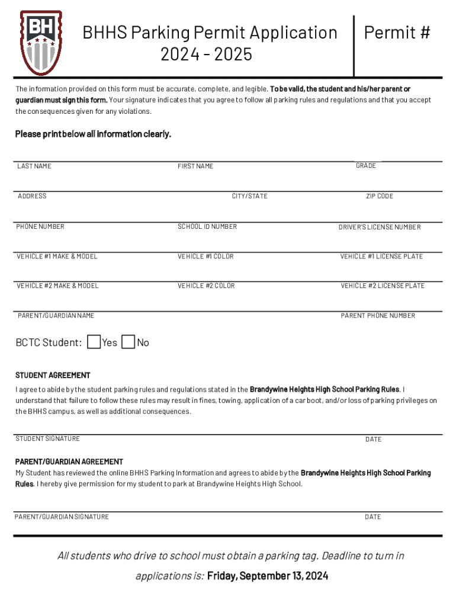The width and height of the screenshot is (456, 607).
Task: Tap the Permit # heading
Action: click(397, 33)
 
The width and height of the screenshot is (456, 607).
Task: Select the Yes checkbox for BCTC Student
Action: click(94, 342)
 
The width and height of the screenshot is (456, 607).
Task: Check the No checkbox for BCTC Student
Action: click(128, 342)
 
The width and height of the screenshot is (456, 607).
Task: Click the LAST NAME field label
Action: click(34, 166)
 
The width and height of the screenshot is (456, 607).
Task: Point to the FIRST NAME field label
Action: click(195, 166)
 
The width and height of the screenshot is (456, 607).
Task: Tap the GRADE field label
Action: click(366, 165)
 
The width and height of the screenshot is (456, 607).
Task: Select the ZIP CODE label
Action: click(380, 196)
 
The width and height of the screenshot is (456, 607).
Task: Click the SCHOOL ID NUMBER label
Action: click(207, 226)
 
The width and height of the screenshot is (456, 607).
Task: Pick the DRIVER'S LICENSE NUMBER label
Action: click(380, 227)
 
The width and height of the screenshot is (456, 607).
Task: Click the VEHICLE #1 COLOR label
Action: click(205, 256)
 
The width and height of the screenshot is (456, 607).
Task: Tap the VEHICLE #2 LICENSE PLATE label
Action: click(383, 286)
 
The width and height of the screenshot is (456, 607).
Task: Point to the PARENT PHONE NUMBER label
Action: click(378, 315)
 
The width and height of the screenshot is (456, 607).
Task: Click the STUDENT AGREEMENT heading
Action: click(53, 375)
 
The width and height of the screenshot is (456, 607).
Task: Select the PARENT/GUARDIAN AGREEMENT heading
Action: click(69, 461)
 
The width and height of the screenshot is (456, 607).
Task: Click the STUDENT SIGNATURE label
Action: click(48, 439)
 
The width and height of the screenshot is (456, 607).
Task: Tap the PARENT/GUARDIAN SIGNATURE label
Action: click(62, 517)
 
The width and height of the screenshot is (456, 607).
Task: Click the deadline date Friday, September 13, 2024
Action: click(268, 576)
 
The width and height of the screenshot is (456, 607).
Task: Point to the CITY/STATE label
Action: click(249, 196)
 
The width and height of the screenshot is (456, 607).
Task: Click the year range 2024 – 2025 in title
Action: click(206, 55)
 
